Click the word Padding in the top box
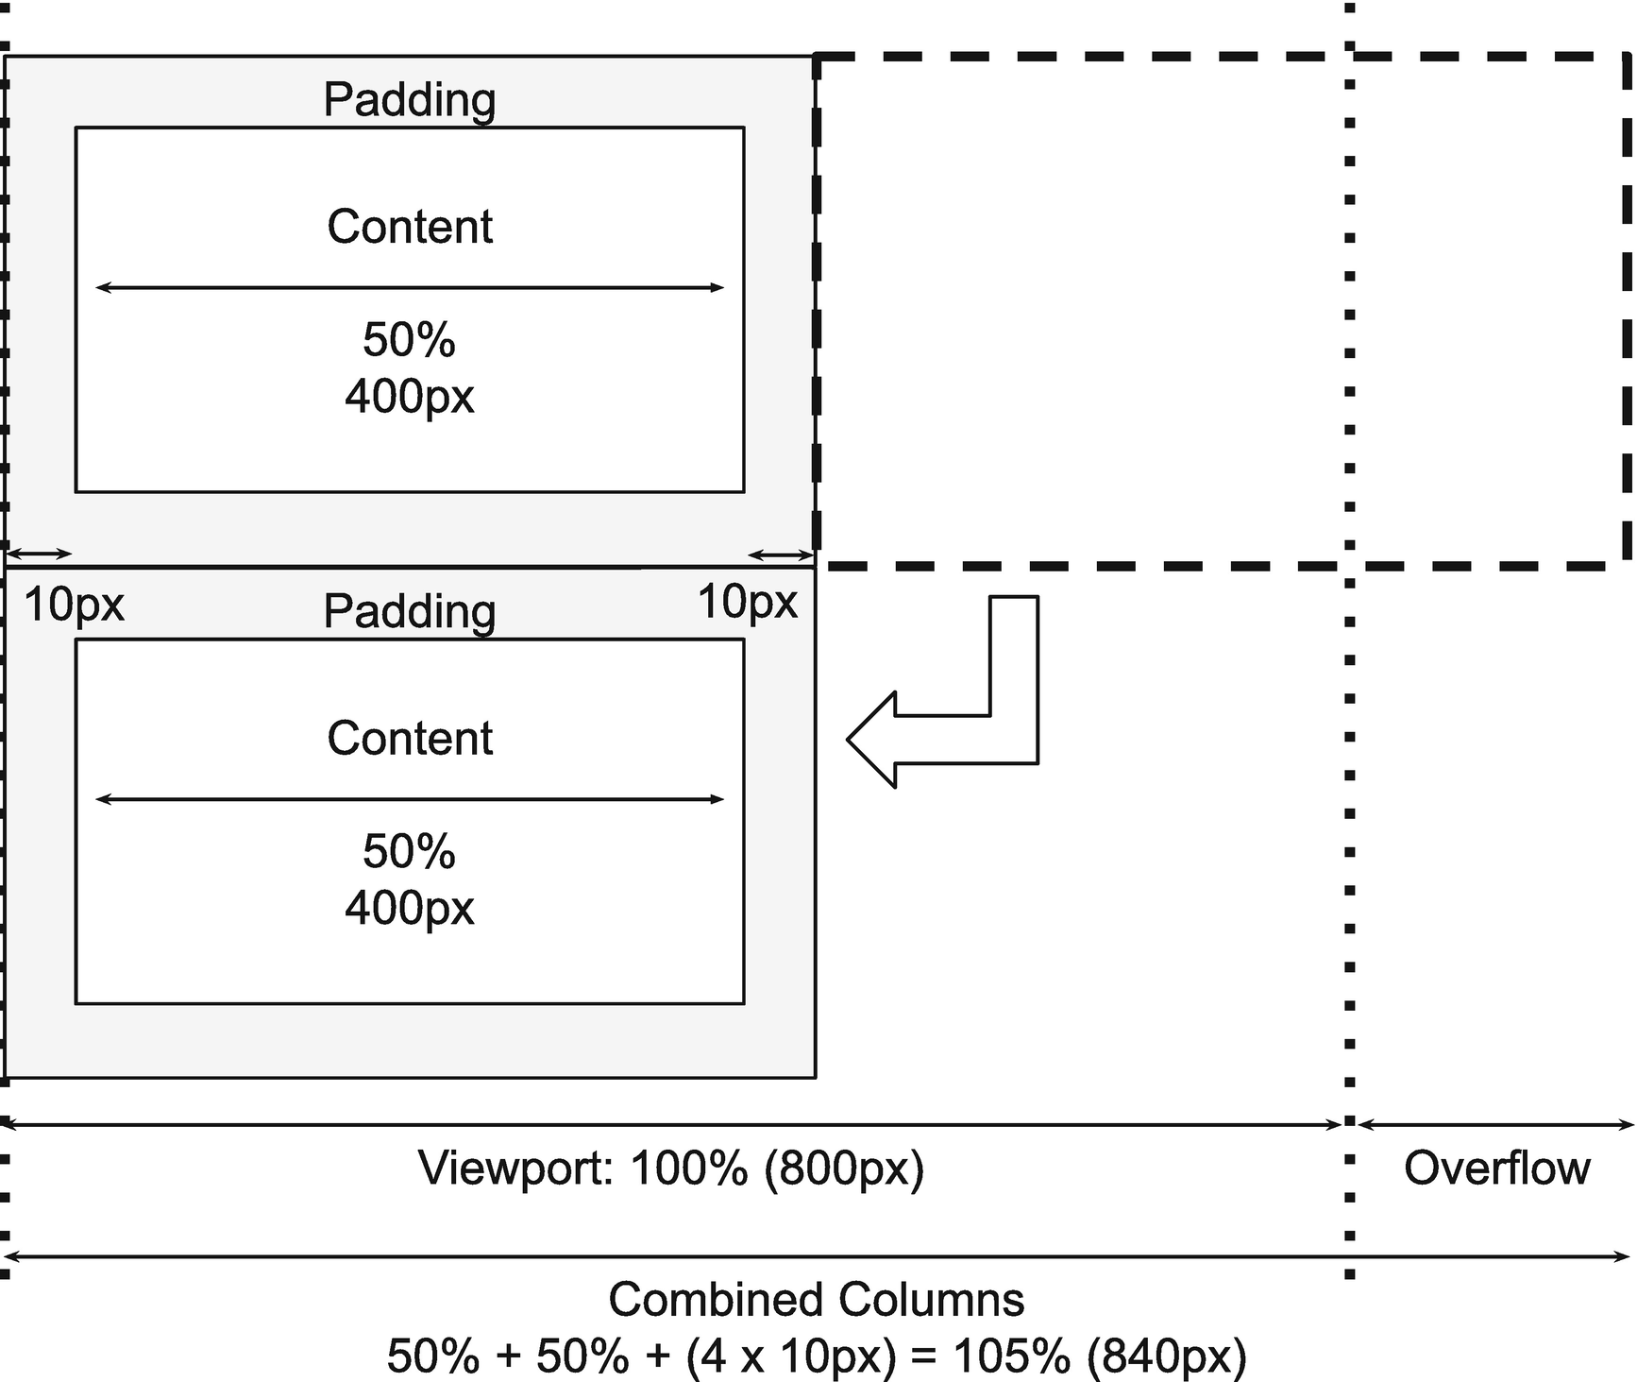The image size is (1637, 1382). [409, 99]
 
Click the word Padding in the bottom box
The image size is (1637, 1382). [409, 611]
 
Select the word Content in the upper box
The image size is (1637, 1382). [409, 227]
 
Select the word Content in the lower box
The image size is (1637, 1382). [409, 738]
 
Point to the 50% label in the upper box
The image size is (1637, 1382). [409, 340]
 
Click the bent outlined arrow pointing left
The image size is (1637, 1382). [944, 739]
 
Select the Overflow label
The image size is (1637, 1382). [1496, 1169]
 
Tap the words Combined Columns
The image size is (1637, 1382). [816, 1300]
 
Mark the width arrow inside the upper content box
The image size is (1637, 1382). [409, 287]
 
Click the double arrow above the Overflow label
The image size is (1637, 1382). [1496, 1124]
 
